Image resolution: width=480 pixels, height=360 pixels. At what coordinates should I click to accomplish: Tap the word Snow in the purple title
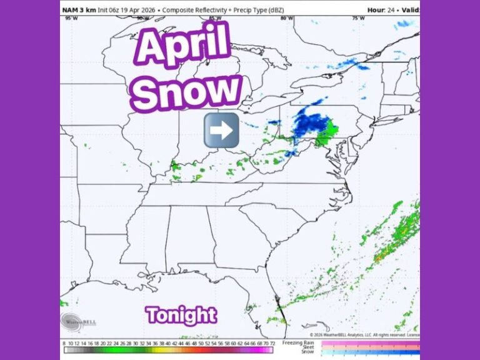pyautogui.click(x=187, y=92)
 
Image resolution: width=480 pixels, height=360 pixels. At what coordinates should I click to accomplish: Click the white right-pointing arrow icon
pyautogui.click(x=222, y=130)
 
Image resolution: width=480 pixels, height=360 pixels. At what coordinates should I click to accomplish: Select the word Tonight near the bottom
pyautogui.click(x=181, y=315)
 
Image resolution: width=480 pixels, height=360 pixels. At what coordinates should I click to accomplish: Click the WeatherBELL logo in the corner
pyautogui.click(x=79, y=322)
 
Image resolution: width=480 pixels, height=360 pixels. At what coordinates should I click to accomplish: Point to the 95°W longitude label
pyautogui.click(x=71, y=18)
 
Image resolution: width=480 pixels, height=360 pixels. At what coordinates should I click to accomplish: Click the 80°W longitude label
pyautogui.click(x=287, y=18)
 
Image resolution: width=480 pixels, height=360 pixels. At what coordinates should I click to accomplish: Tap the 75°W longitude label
pyautogui.click(x=358, y=18)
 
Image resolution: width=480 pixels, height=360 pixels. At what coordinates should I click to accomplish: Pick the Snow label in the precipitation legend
pyautogui.click(x=307, y=352)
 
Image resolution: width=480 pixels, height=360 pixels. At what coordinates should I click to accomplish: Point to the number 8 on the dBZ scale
pyautogui.click(x=64, y=342)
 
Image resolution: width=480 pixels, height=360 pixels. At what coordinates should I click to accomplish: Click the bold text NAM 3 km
pyautogui.click(x=78, y=10)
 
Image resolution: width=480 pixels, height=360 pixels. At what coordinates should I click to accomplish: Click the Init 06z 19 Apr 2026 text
pyautogui.click(x=126, y=10)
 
